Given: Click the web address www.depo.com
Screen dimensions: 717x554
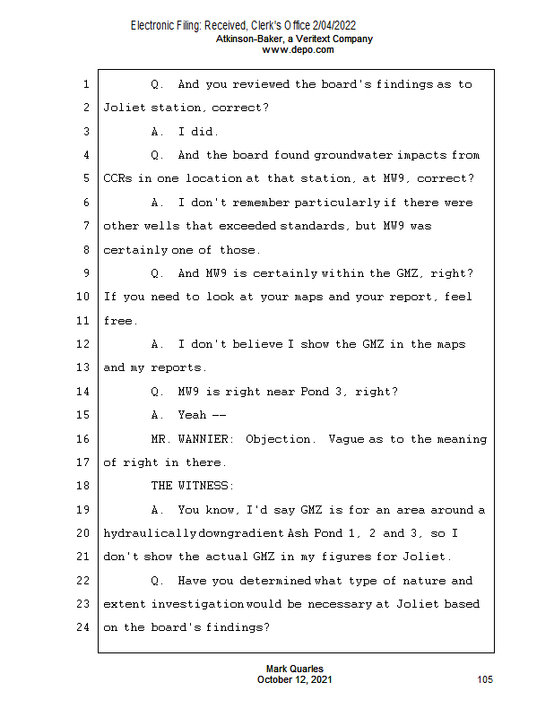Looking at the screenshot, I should (x=298, y=50).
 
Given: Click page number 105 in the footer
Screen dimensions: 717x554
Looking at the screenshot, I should (x=485, y=680).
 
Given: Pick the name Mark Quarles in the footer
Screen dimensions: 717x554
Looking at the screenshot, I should (x=295, y=669).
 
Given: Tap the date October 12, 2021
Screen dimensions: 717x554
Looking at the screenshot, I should (x=295, y=680).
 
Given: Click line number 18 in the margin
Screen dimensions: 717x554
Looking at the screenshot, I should (x=84, y=486).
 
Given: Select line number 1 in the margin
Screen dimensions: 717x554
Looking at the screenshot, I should (x=86, y=84).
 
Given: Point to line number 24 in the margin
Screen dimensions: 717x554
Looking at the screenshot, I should (x=84, y=627).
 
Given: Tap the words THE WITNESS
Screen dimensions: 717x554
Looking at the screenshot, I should (x=192, y=486).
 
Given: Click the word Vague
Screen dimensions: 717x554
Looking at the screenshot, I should (x=346, y=439).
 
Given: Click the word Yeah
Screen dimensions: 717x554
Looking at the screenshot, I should (x=193, y=415).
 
